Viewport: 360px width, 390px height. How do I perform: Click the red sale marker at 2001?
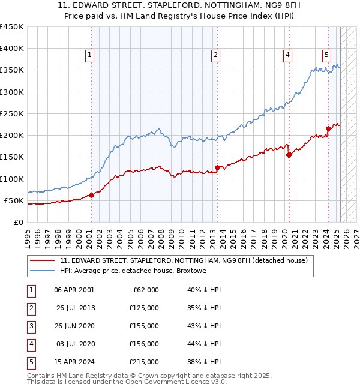pos(92,195)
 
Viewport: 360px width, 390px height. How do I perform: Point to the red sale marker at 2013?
pos(217,167)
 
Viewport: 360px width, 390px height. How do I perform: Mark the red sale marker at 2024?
pos(328,128)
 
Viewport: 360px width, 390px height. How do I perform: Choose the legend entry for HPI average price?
pos(133,271)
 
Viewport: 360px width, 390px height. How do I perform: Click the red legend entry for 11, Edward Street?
pos(184,260)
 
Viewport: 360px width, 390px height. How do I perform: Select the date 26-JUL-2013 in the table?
pos(76,308)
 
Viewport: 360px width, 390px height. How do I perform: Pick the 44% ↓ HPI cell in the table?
pos(204,344)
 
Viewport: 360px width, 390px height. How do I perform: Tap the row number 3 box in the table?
pos(30,326)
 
